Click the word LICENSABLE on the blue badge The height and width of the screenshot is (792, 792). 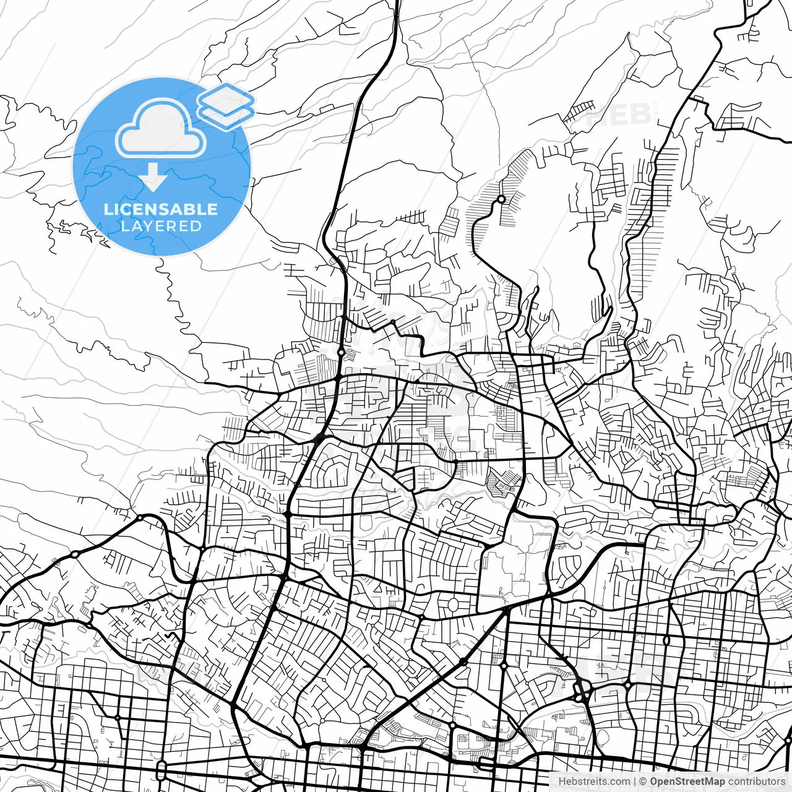pos(161,209)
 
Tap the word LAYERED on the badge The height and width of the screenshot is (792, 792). pos(161,226)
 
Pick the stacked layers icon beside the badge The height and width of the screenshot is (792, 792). pos(226,105)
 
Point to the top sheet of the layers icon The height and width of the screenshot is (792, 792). pos(226,98)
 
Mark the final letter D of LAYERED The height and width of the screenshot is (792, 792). pos(196,226)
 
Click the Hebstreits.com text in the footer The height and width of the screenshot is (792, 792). pos(594,781)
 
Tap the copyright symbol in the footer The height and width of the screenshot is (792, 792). pos(643,781)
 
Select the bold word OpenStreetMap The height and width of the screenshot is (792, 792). pos(687,781)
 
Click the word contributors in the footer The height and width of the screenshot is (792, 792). pos(756,781)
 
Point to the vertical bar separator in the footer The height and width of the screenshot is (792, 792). pos(635,781)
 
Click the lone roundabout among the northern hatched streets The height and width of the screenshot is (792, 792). pos(501,199)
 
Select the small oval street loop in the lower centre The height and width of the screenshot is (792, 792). pos(453,603)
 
